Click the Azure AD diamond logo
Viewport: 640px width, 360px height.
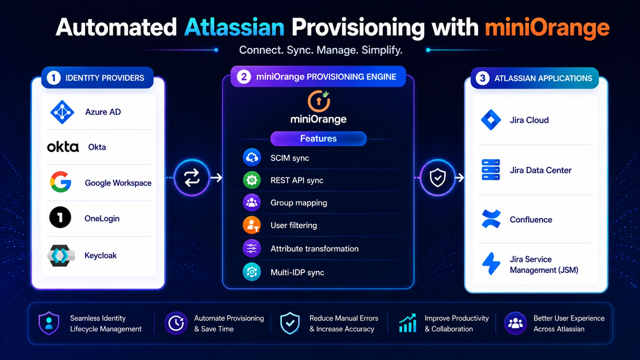[62, 112]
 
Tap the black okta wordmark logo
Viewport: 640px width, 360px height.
[63, 147]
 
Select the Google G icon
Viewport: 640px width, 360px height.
[60, 182]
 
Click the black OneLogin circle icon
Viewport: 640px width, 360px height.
[60, 217]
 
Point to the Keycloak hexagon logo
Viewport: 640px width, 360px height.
[61, 256]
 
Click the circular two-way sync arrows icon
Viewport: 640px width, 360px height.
[192, 178]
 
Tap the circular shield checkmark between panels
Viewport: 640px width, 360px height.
[438, 178]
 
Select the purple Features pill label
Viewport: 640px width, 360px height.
[318, 138]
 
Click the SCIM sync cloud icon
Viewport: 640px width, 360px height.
[252, 157]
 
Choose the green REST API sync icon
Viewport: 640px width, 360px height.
[252, 180]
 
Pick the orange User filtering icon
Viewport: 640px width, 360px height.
[252, 225]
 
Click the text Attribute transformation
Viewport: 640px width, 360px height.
[315, 249]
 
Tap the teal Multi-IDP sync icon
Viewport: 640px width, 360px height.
[252, 272]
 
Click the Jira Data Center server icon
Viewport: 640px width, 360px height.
[491, 170]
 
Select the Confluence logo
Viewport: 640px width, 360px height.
[491, 219]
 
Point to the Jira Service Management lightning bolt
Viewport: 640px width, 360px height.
[491, 264]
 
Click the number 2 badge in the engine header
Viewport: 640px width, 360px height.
[244, 77]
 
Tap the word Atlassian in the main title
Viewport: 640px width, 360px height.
[234, 28]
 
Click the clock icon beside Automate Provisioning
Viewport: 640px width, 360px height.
[176, 323]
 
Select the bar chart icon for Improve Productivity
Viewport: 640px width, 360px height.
[408, 323]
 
